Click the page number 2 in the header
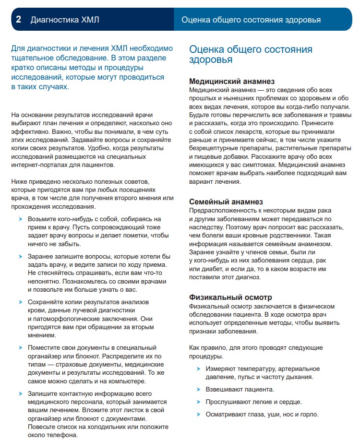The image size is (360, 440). [x=18, y=20]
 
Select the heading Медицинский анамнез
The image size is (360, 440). [x=232, y=82]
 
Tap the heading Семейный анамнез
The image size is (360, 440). [x=226, y=202]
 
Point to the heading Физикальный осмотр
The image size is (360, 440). [x=230, y=297]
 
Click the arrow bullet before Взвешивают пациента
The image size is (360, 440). [x=198, y=389]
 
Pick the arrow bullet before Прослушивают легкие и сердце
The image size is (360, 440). [x=198, y=402]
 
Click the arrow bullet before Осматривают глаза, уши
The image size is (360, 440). [x=198, y=414]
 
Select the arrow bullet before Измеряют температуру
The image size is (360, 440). [x=198, y=369]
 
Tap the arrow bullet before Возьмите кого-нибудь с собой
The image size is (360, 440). [x=20, y=219]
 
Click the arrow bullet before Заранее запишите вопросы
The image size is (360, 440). [x=20, y=256]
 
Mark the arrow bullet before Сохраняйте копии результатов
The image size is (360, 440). [x=20, y=302]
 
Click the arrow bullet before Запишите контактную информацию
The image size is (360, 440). [x=20, y=393]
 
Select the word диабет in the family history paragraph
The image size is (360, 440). [x=215, y=269]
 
